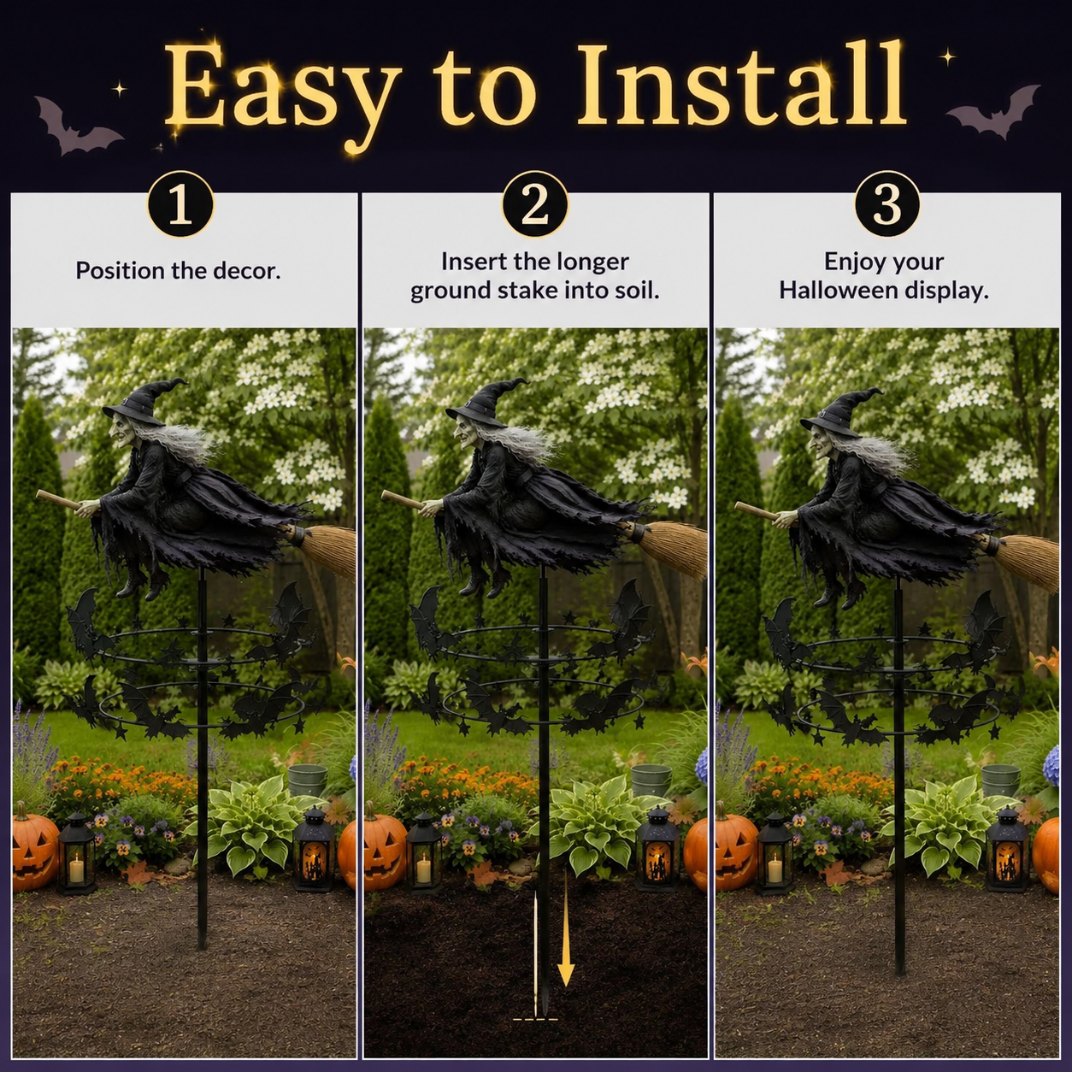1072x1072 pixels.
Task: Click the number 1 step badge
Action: [180, 205]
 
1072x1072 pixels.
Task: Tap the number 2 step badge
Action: [535, 203]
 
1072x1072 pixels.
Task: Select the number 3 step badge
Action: [886, 203]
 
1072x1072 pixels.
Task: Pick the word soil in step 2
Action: [640, 291]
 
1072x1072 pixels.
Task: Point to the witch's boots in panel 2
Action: [483, 584]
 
